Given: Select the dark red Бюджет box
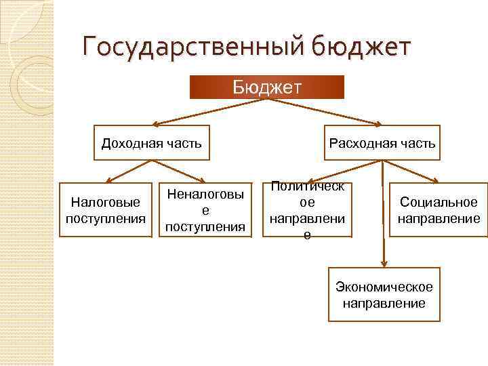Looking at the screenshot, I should (x=266, y=87).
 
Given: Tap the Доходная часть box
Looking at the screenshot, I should (x=151, y=142).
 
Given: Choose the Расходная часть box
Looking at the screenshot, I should (x=382, y=142).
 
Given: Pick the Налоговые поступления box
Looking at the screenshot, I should (x=106, y=210).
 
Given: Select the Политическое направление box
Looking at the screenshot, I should (x=307, y=210).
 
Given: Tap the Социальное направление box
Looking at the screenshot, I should (x=439, y=210).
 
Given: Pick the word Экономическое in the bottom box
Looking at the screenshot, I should (x=384, y=287).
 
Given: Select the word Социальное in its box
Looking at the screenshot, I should (x=439, y=203).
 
